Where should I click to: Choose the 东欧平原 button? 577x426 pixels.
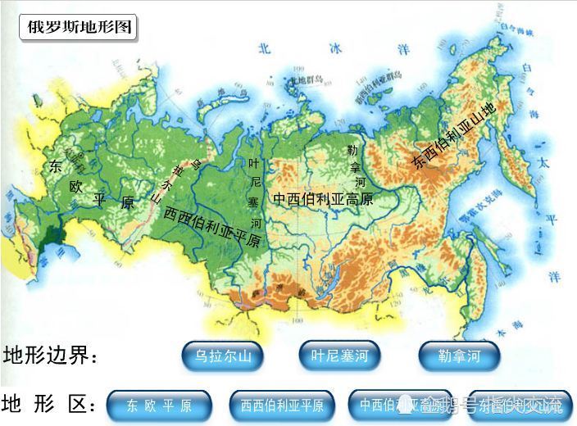[x=159, y=405]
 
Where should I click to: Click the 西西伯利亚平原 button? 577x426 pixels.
[x=281, y=405]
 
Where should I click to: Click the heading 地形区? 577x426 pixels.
[x=51, y=405]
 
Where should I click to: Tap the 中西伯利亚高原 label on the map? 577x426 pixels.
[x=323, y=198]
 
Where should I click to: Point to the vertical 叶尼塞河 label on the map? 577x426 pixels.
[x=255, y=193]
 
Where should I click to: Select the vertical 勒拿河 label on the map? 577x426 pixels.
[x=352, y=166]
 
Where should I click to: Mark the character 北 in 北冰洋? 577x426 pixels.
[x=264, y=48]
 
